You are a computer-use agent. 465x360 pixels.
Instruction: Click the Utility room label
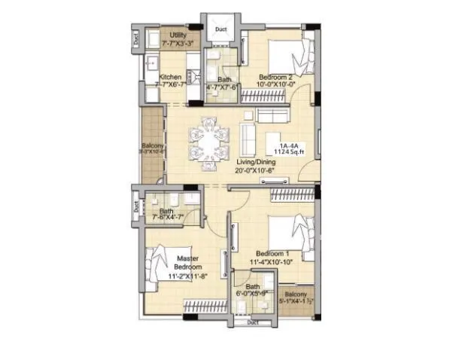click(x=178, y=35)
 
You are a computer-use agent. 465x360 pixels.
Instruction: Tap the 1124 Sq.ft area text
click(x=290, y=153)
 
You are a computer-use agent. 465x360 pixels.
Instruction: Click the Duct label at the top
click(x=220, y=30)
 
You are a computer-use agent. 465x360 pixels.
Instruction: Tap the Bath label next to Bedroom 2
click(x=224, y=79)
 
